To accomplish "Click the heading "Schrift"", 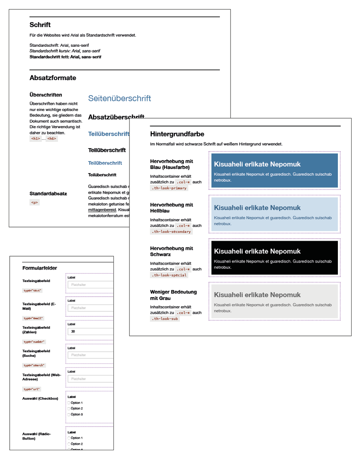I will (40, 25).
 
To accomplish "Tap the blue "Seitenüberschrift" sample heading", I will (119, 98).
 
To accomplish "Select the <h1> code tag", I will (35, 139).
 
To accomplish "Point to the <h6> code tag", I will (52, 139).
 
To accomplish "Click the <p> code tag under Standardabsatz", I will (35, 202).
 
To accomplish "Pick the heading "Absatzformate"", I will (53, 78).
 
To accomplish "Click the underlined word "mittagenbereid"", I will (102, 210).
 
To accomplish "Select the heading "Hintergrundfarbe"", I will (177, 134).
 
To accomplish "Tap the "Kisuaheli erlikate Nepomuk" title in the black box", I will (257, 251).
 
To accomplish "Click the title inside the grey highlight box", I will (257, 295).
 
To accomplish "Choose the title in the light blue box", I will (257, 208).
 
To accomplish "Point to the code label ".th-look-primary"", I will (169, 188).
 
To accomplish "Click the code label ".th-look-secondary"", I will (171, 232).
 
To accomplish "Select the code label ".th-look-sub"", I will (165, 319).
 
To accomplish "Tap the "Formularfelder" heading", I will (40, 268).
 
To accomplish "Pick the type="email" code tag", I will (33, 318).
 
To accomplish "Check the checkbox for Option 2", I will (69, 409).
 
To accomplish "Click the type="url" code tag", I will (32, 389).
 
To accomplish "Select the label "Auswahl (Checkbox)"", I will (40, 398).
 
